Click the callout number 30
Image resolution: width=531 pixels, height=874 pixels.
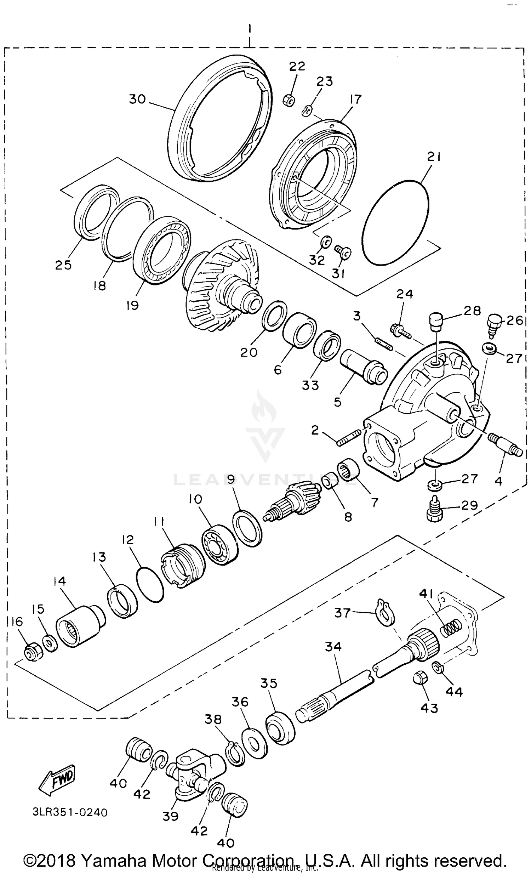(x=137, y=99)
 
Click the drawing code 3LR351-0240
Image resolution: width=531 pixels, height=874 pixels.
(x=70, y=812)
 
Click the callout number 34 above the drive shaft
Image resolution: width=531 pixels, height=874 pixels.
(x=333, y=647)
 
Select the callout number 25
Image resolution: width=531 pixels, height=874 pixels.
(x=63, y=265)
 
